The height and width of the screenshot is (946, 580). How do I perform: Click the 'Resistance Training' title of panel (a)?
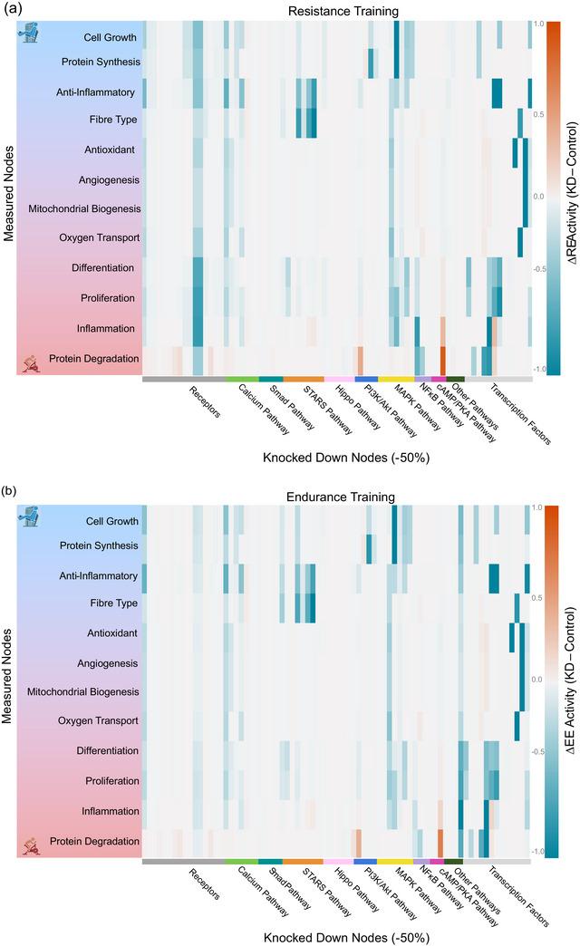(x=337, y=12)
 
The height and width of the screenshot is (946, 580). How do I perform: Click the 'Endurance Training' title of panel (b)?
(x=337, y=497)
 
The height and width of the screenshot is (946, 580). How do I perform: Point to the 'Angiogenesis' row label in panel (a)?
(x=109, y=180)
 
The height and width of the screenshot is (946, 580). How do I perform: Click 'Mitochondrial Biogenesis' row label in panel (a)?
(x=84, y=209)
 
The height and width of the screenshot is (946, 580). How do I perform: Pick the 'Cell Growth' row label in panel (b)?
(x=111, y=521)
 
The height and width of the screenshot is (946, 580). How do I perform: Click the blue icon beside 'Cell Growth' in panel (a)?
(x=31, y=35)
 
